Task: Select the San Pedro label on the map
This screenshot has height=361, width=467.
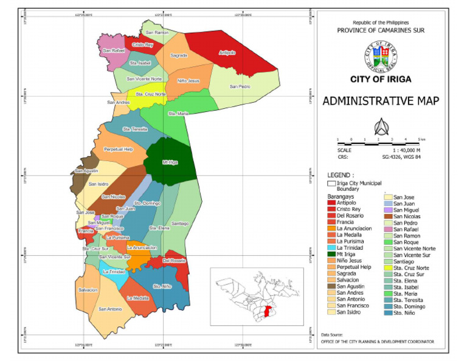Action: pos(240,87)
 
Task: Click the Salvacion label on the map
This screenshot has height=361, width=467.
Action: pos(88,290)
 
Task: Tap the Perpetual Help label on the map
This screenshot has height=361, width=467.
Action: pos(118,149)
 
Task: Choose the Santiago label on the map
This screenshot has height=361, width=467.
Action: pos(179,224)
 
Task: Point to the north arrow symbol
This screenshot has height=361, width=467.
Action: pos(381,126)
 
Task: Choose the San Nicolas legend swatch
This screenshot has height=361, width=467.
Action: pos(388,216)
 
